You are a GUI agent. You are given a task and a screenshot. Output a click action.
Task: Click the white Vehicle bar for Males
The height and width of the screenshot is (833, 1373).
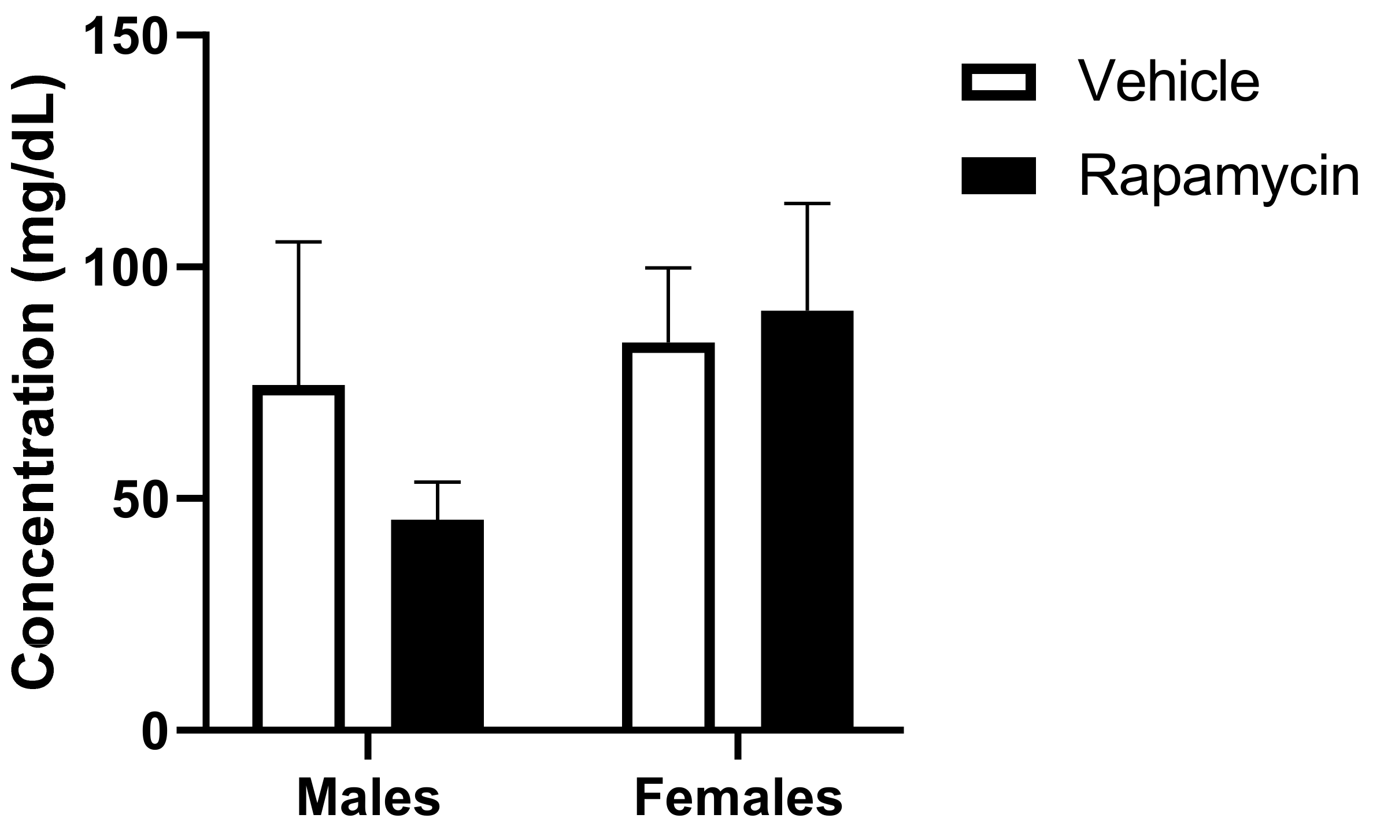click(x=299, y=558)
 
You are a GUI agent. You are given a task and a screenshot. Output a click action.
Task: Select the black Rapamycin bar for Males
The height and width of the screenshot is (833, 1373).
click(x=438, y=624)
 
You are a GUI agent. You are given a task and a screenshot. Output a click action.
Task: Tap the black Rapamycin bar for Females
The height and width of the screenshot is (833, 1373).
click(x=807, y=520)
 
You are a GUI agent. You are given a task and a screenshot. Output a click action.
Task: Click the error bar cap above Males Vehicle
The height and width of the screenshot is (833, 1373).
click(x=299, y=242)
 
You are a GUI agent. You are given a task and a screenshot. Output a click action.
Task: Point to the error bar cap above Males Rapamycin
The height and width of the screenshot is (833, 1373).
click(x=438, y=482)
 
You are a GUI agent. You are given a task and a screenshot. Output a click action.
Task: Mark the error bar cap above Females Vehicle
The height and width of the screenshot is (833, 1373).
click(x=669, y=268)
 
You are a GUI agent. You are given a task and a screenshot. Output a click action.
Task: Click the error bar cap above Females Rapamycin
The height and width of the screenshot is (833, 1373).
click(x=807, y=203)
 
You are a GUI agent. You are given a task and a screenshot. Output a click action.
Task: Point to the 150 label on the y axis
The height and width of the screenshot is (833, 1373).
click(x=124, y=36)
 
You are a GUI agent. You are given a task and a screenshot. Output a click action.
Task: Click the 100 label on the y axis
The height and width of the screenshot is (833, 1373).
click(x=124, y=268)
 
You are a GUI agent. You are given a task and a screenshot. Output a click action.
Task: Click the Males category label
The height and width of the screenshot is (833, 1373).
click(x=368, y=798)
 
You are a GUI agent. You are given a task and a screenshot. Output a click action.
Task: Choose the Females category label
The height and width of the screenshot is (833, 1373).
click(x=738, y=798)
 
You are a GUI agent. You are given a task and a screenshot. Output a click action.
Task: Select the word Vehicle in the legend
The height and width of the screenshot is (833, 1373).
click(x=1168, y=83)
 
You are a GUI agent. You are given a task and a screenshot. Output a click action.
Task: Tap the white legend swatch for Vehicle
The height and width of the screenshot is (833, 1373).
click(x=998, y=83)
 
